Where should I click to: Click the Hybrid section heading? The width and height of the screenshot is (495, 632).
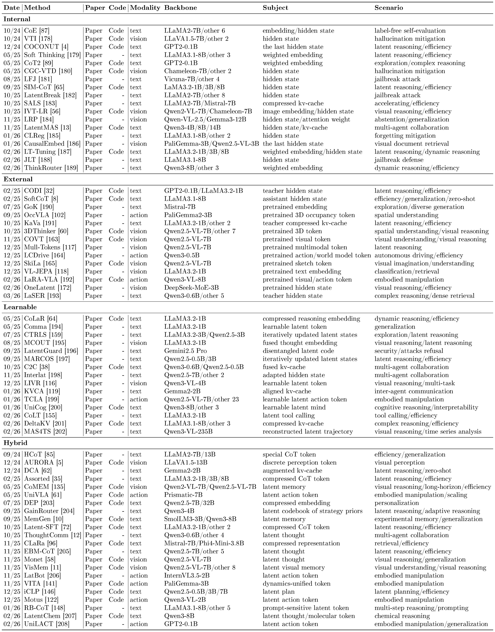(x=15, y=443)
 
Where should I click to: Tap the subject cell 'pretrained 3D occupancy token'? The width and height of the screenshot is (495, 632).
(x=309, y=215)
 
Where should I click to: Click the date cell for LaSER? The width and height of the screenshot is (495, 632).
(x=12, y=296)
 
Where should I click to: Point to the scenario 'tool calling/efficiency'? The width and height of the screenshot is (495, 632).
(x=406, y=416)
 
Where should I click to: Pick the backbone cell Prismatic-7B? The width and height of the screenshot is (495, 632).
(x=183, y=495)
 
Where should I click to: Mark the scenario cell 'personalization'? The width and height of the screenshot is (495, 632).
(x=396, y=503)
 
